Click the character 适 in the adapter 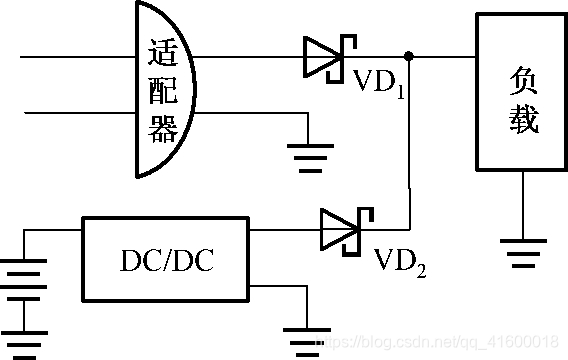(x=162, y=51)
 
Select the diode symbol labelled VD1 (x=326, y=56)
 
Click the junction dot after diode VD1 (x=408, y=56)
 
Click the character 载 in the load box (x=523, y=120)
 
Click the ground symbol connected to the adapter (x=311, y=155)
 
